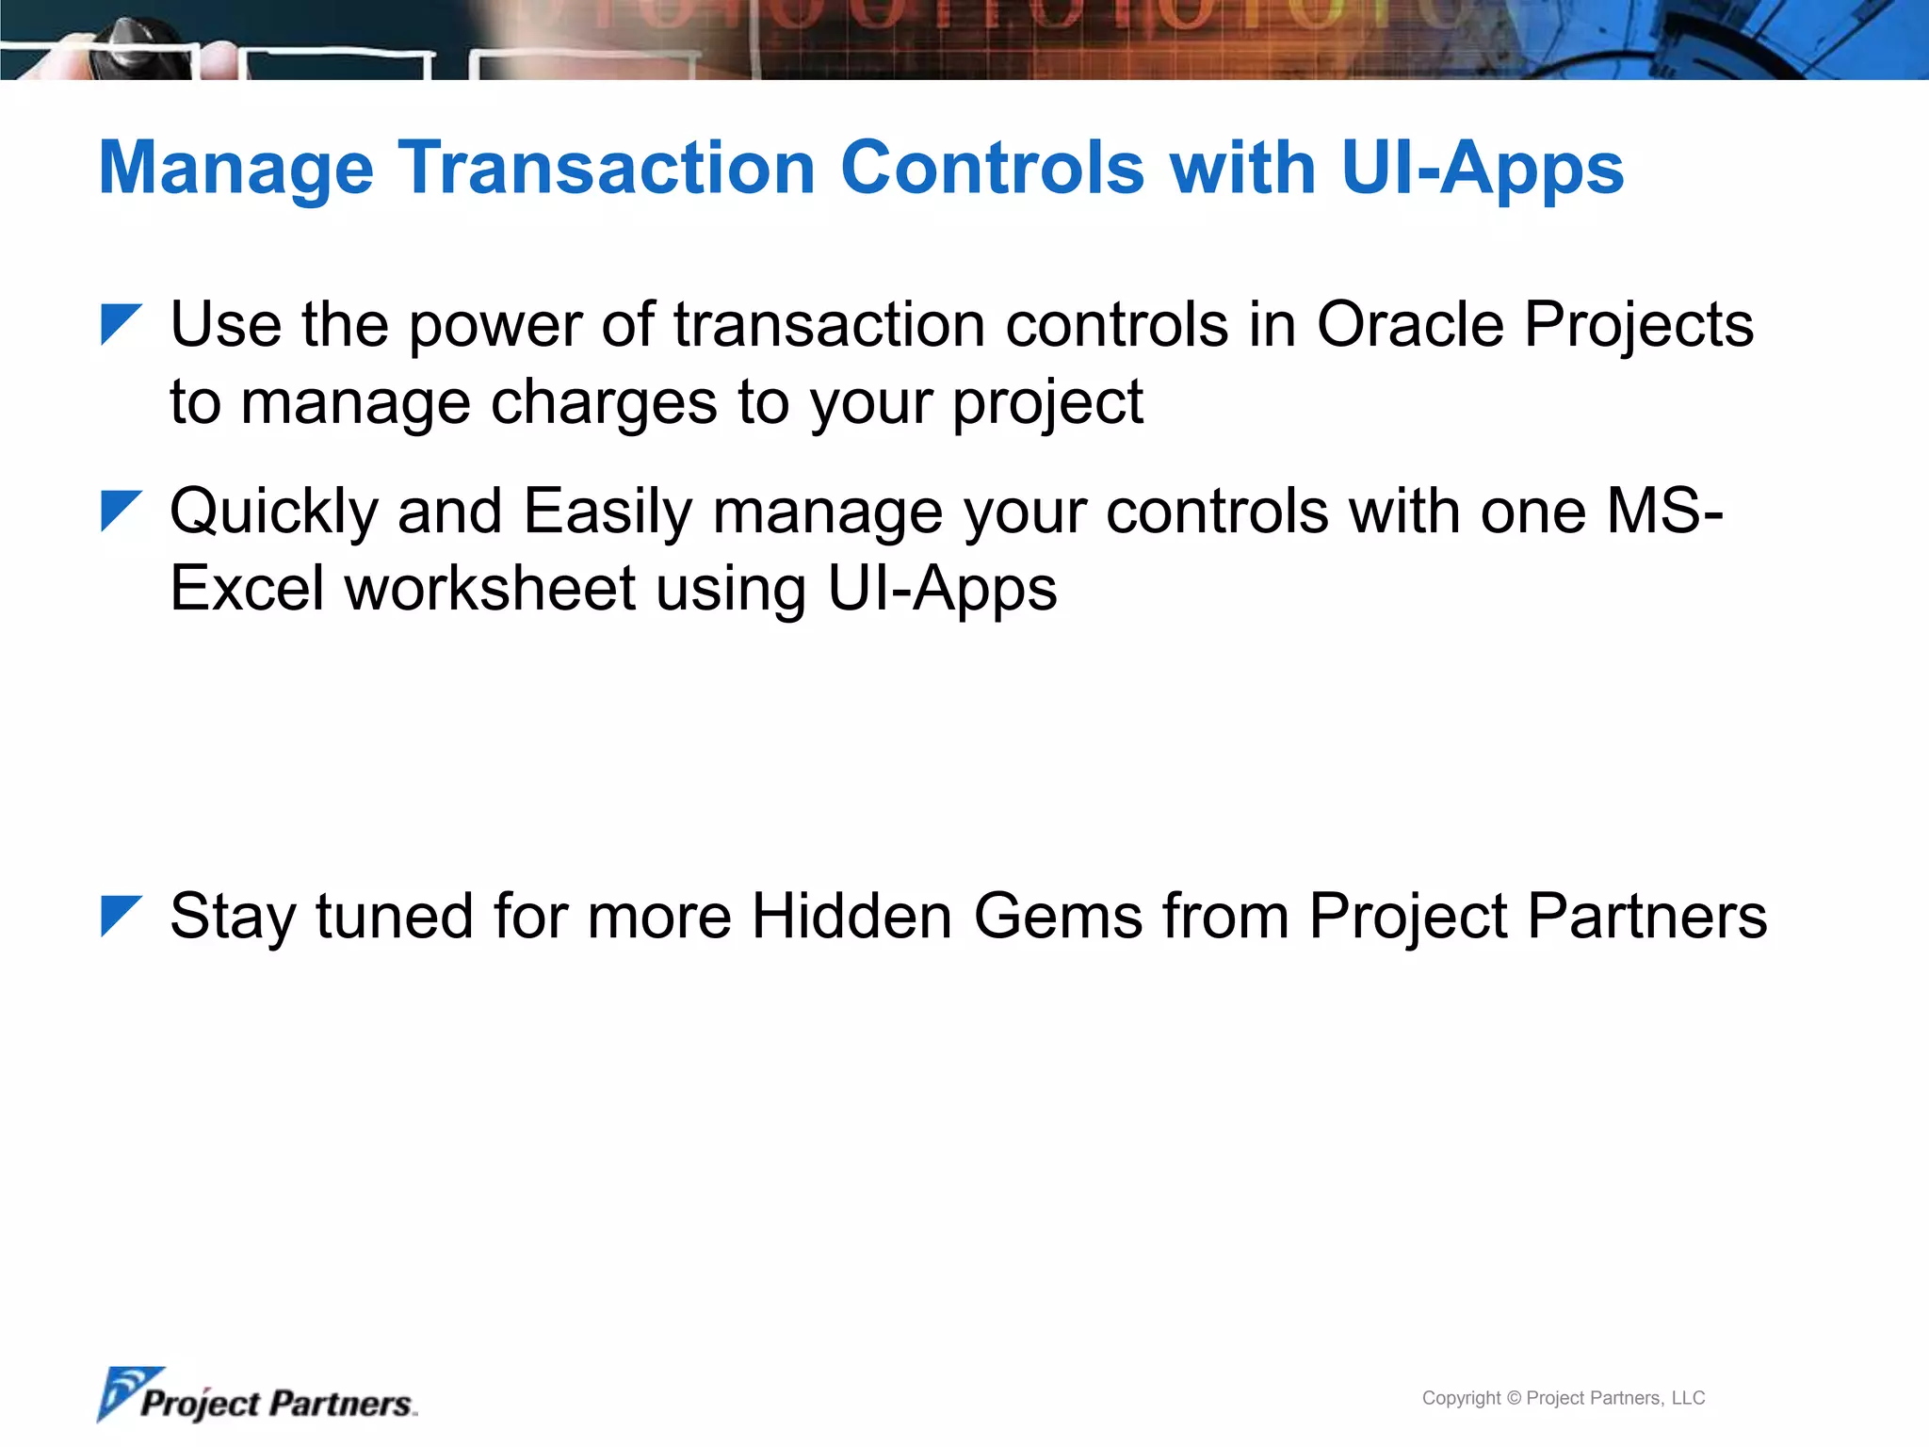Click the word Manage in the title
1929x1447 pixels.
click(x=235, y=170)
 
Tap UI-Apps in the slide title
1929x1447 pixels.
click(x=1482, y=170)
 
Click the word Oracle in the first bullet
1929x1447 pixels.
click(x=1409, y=325)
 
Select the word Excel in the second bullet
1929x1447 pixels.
click(x=247, y=589)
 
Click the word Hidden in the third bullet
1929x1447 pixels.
click(x=851, y=916)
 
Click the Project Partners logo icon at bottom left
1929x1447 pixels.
click(x=128, y=1392)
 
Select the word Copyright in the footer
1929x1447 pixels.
click(x=1461, y=1398)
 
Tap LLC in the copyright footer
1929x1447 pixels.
click(x=1688, y=1398)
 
